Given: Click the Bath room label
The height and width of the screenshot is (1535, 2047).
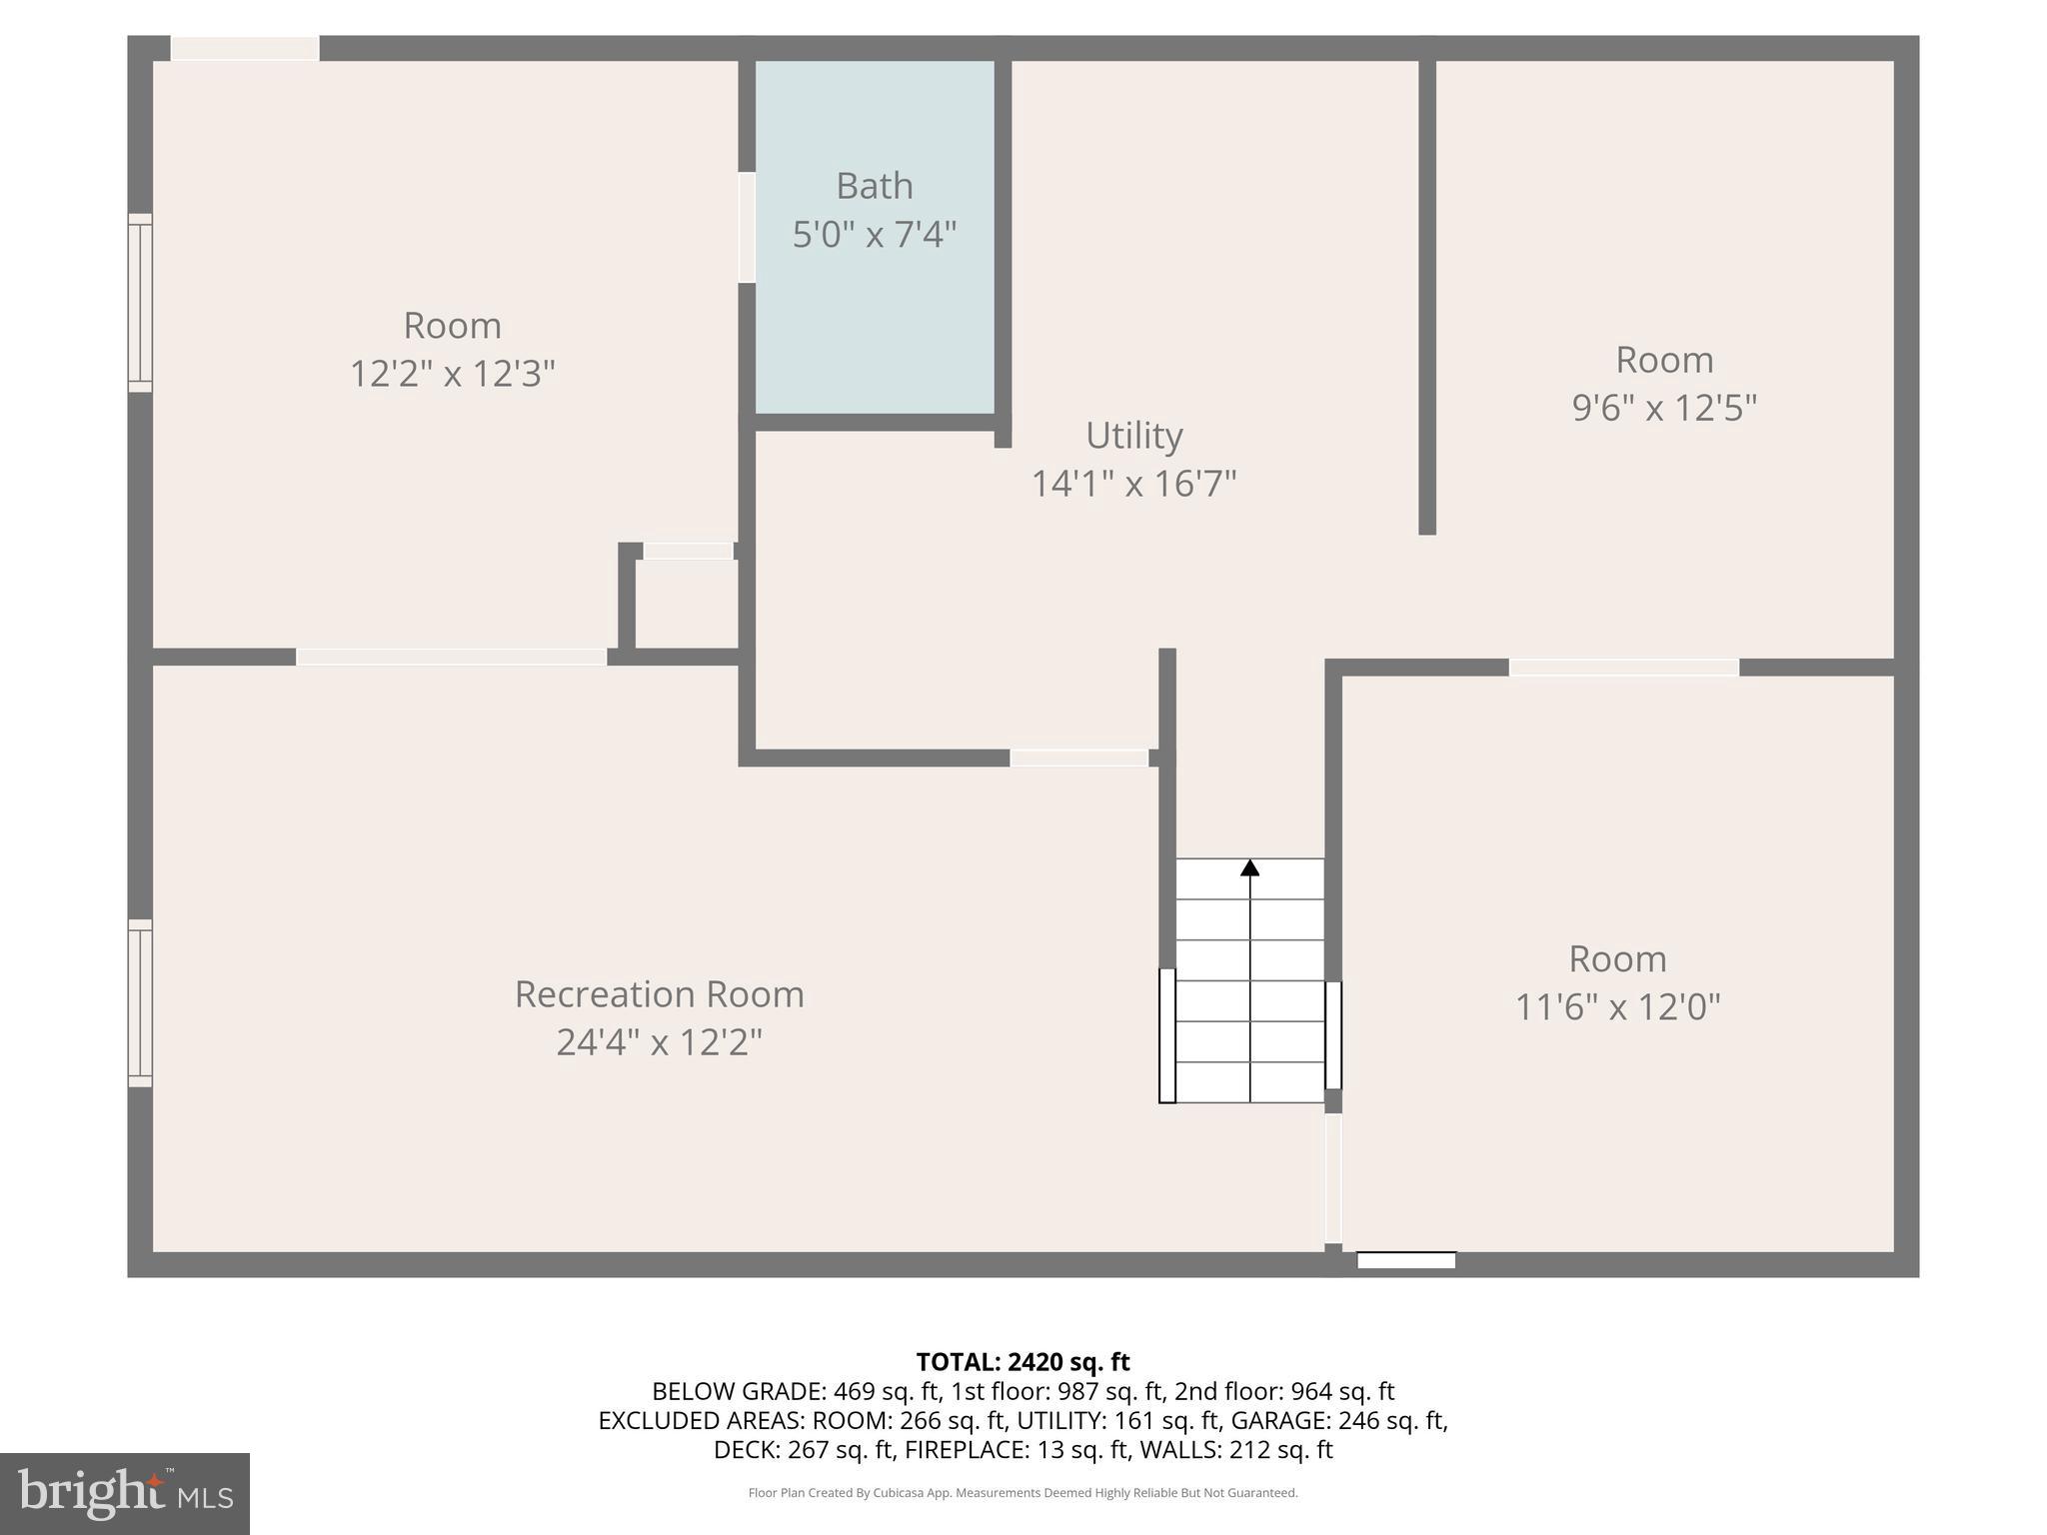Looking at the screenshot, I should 874,186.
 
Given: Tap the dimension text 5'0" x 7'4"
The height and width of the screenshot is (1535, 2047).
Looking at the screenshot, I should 874,235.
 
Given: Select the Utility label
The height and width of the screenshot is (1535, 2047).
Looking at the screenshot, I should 1133,436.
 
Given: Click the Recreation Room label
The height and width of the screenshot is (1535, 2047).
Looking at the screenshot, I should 659,994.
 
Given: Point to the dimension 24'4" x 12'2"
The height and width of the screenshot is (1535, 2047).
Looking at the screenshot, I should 659,1042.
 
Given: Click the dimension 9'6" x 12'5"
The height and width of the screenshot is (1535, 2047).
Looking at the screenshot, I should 1664,408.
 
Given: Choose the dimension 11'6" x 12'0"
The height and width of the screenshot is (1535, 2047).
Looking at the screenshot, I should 1617,1006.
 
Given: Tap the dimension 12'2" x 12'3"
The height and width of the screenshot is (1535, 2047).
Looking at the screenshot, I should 452,374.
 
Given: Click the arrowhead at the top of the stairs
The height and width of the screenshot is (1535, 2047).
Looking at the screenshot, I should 1249,867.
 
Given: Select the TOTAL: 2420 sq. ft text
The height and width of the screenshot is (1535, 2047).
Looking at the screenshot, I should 1023,1362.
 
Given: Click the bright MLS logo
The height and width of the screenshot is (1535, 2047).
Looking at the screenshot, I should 125,1493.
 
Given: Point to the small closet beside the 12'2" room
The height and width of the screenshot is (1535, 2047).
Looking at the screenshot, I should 687,604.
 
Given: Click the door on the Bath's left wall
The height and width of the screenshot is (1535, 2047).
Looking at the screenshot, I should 747,228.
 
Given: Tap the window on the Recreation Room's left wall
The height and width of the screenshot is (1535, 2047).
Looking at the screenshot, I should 140,1002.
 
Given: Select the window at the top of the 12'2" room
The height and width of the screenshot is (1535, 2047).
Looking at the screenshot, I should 245,48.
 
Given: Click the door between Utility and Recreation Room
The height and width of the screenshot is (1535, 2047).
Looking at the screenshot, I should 1078,759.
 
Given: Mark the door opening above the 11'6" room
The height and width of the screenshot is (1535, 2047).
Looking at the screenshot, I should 1623,668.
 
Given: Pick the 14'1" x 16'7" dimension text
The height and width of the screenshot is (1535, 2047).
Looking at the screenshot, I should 1133,484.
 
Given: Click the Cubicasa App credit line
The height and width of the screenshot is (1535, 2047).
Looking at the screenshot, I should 1023,1493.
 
